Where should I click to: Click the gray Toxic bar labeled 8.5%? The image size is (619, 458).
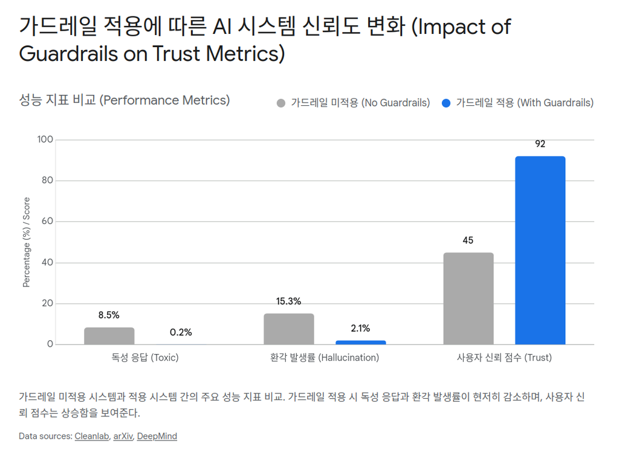click(x=109, y=336)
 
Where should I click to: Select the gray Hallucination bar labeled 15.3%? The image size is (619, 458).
click(x=289, y=329)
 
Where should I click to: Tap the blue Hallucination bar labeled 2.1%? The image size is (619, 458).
click(x=360, y=343)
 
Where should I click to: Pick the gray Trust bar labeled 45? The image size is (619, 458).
click(x=468, y=298)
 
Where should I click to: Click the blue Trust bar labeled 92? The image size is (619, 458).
click(x=540, y=251)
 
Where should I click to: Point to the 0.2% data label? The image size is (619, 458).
click(x=181, y=332)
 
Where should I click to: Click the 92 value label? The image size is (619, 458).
click(x=540, y=144)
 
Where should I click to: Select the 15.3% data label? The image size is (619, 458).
click(x=289, y=302)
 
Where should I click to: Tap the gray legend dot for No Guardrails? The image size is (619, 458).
click(x=280, y=103)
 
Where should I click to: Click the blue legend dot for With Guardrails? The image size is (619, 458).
click(x=446, y=103)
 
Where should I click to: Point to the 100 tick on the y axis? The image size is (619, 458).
click(x=46, y=140)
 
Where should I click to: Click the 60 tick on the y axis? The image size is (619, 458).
click(x=48, y=222)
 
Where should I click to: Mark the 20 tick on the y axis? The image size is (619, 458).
click(x=48, y=304)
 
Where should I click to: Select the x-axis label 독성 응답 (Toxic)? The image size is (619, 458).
click(x=145, y=358)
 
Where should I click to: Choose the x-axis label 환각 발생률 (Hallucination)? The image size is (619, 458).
click(x=325, y=358)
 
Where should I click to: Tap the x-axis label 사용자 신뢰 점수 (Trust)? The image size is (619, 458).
click(x=504, y=358)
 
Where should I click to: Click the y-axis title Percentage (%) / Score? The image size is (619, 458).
click(x=27, y=242)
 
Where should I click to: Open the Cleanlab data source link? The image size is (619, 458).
click(x=92, y=436)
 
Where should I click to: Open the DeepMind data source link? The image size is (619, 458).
click(x=157, y=436)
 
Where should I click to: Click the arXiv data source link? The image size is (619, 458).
click(x=123, y=436)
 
